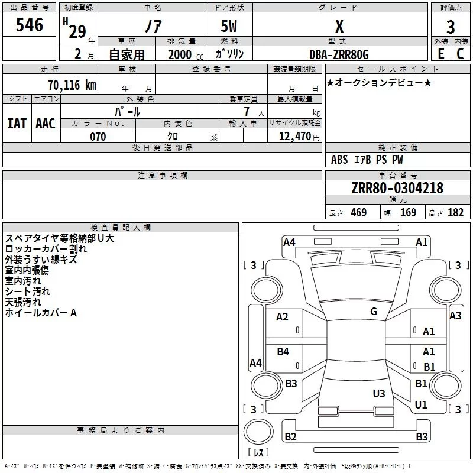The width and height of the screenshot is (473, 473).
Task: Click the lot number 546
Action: pos(29,25)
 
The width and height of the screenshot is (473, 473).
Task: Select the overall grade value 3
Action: pos(451,27)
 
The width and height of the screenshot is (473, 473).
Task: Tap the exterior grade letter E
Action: pos(440,54)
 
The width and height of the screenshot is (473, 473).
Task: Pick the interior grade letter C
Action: pos(460,54)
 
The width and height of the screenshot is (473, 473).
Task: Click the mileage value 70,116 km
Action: pos(72,85)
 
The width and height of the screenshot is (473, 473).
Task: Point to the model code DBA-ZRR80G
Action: pos(339,54)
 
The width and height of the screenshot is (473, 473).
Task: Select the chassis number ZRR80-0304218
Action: pos(397,188)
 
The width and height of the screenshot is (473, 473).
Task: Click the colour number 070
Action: pos(98,137)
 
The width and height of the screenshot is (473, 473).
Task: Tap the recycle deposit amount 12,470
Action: pos(294,137)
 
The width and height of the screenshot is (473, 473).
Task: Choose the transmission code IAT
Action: pos(17,124)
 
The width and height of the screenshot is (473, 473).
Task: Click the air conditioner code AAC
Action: pos(46,124)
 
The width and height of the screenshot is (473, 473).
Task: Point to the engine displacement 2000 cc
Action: pos(186,54)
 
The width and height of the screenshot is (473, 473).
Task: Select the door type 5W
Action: pos(229,26)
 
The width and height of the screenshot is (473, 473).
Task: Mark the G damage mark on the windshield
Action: pos(374,312)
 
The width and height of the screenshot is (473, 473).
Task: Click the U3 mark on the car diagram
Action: pos(379,393)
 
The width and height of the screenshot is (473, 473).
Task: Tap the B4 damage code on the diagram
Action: pos(283,351)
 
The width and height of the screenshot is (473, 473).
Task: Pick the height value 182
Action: pos(455,212)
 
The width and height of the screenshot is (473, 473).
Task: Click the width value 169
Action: pos(408,212)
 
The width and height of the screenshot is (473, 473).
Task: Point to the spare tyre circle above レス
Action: pos(258,432)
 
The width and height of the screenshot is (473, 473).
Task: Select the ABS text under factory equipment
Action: pos(339,160)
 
